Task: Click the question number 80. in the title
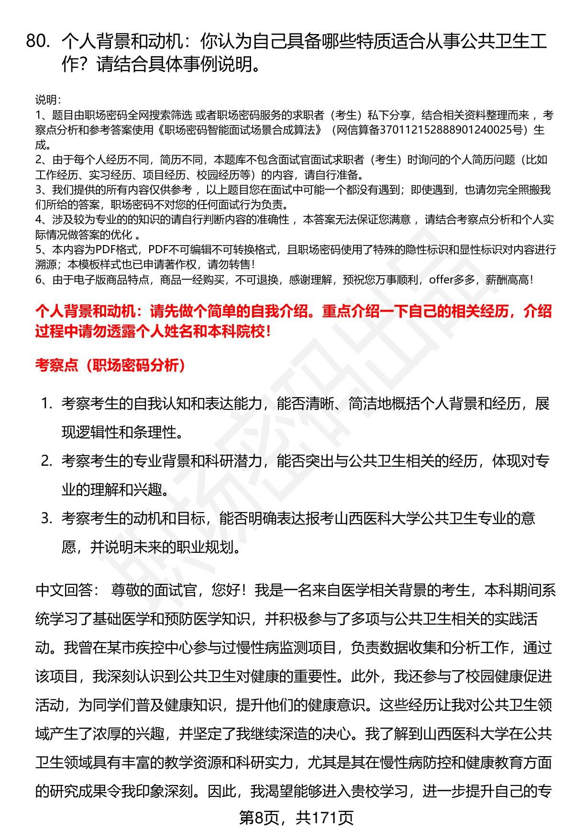click(38, 42)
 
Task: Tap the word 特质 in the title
click(321, 42)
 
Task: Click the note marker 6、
click(43, 280)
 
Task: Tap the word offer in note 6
click(441, 280)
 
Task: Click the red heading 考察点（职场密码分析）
click(110, 366)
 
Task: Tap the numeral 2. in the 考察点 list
click(46, 461)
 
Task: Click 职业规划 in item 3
click(212, 547)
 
